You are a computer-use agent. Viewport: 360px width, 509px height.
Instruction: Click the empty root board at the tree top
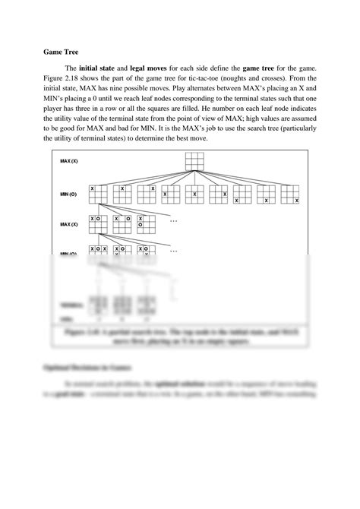point(195,162)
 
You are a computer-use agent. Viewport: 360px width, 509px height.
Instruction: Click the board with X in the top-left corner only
point(97,194)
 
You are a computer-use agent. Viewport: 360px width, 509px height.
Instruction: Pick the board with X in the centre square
point(195,194)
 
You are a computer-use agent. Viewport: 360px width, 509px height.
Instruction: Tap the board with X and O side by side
point(97,223)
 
